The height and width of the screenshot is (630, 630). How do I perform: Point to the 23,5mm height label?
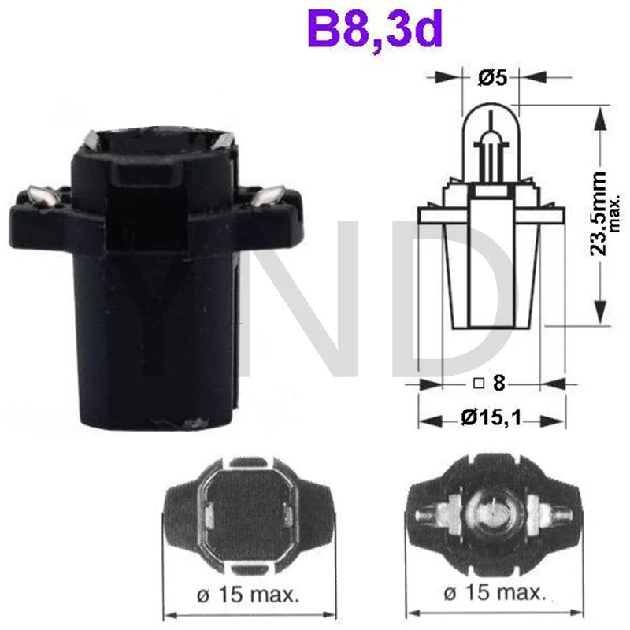[601, 213]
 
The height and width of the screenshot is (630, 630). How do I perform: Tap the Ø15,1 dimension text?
[492, 419]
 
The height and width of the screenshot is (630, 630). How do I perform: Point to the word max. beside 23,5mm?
[617, 213]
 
